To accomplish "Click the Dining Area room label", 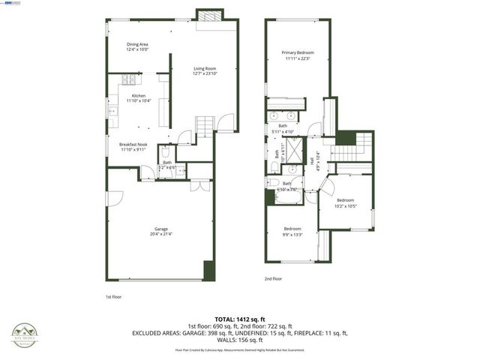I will pos(136,44).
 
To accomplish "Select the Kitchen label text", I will pos(138,96).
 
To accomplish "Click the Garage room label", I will pos(160,229).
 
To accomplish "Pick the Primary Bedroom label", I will pos(298,52).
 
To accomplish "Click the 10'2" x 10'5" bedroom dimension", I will pos(346,205).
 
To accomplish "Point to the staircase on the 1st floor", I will pos(205,124).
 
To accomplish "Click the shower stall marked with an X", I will pos(292,145).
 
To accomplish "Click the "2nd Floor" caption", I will pos(273,278).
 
